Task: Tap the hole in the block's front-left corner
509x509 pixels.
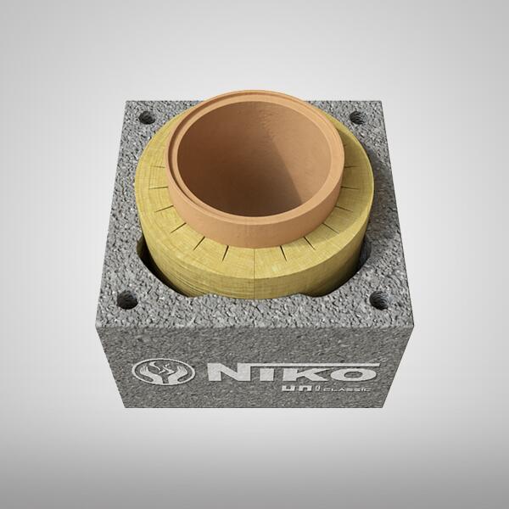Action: (x=128, y=299)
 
